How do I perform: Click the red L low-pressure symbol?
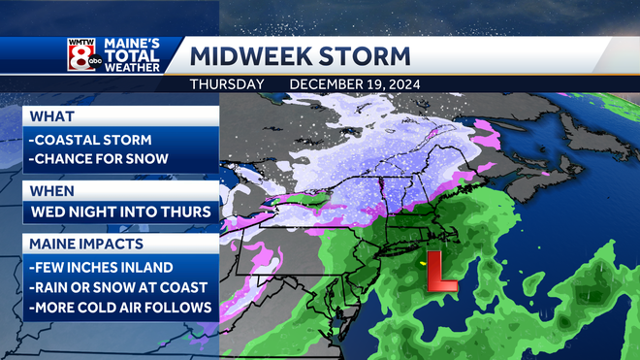pos(442,272)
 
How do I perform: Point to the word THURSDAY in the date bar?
pos(226,84)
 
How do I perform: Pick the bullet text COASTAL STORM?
pos(88,139)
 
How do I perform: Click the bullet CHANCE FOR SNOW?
pos(99,159)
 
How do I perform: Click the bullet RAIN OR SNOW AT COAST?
pos(119,287)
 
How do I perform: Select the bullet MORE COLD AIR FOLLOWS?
pos(121,309)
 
